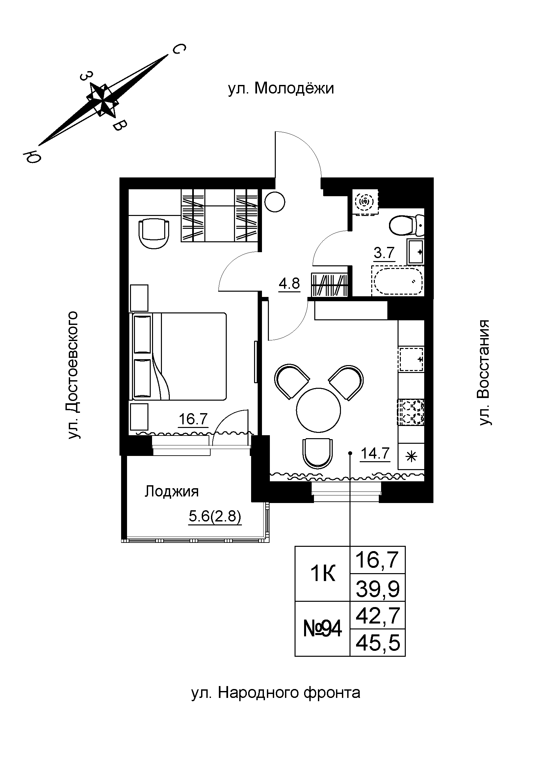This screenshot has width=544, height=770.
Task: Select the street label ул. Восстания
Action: [484, 373]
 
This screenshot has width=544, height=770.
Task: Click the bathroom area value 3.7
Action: [384, 252]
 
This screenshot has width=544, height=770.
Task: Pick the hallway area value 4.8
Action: [289, 284]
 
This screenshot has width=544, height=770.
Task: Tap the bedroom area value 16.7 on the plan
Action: [194, 419]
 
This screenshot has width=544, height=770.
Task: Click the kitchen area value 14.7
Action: [375, 454]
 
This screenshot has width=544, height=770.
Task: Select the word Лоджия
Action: [171, 492]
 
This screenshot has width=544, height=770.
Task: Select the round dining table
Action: [319, 410]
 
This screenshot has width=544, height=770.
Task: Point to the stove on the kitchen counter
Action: [411, 412]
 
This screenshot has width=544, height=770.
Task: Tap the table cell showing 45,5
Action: [378, 643]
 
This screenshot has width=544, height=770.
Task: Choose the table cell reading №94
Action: [323, 629]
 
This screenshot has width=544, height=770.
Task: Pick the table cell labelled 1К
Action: [323, 574]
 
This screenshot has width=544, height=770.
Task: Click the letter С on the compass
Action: [179, 50]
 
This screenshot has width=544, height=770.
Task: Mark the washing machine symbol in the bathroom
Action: [365, 201]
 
